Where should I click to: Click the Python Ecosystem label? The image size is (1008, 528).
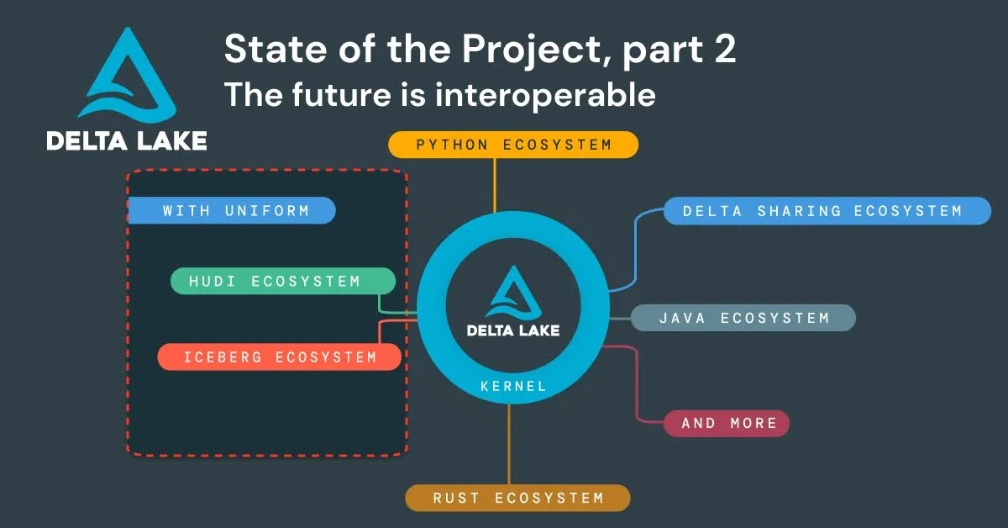coord(513,145)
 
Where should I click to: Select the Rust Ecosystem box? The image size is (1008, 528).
coord(517,498)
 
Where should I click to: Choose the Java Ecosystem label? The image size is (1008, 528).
coord(743,318)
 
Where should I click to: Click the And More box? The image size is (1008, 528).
coord(727,423)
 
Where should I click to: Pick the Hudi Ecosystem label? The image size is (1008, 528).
coord(282,281)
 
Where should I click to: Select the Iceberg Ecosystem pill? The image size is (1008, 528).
coord(280,356)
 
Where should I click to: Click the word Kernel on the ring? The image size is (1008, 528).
coord(513,387)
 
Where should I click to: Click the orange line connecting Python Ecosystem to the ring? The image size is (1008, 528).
coord(495,185)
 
